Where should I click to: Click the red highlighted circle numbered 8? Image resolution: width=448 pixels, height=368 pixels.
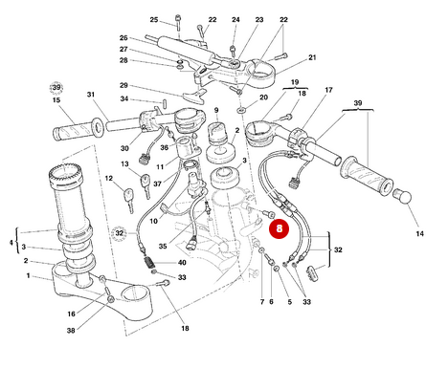coord(279,228)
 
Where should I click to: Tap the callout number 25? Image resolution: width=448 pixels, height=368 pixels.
coord(154,20)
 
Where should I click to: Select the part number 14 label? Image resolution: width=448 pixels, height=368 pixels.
coord(418,233)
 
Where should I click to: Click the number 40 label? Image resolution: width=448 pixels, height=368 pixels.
coord(182,263)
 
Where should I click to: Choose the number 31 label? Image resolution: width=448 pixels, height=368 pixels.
coord(91,95)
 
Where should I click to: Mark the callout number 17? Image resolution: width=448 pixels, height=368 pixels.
coord(328,91)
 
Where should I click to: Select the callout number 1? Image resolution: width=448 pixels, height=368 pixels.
coord(28,276)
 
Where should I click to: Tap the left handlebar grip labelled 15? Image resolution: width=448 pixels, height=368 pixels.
coord(76,126)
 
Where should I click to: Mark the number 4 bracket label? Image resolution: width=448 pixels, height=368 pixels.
coord(11,243)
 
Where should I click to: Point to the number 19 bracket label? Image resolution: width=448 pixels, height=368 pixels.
coord(294,82)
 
